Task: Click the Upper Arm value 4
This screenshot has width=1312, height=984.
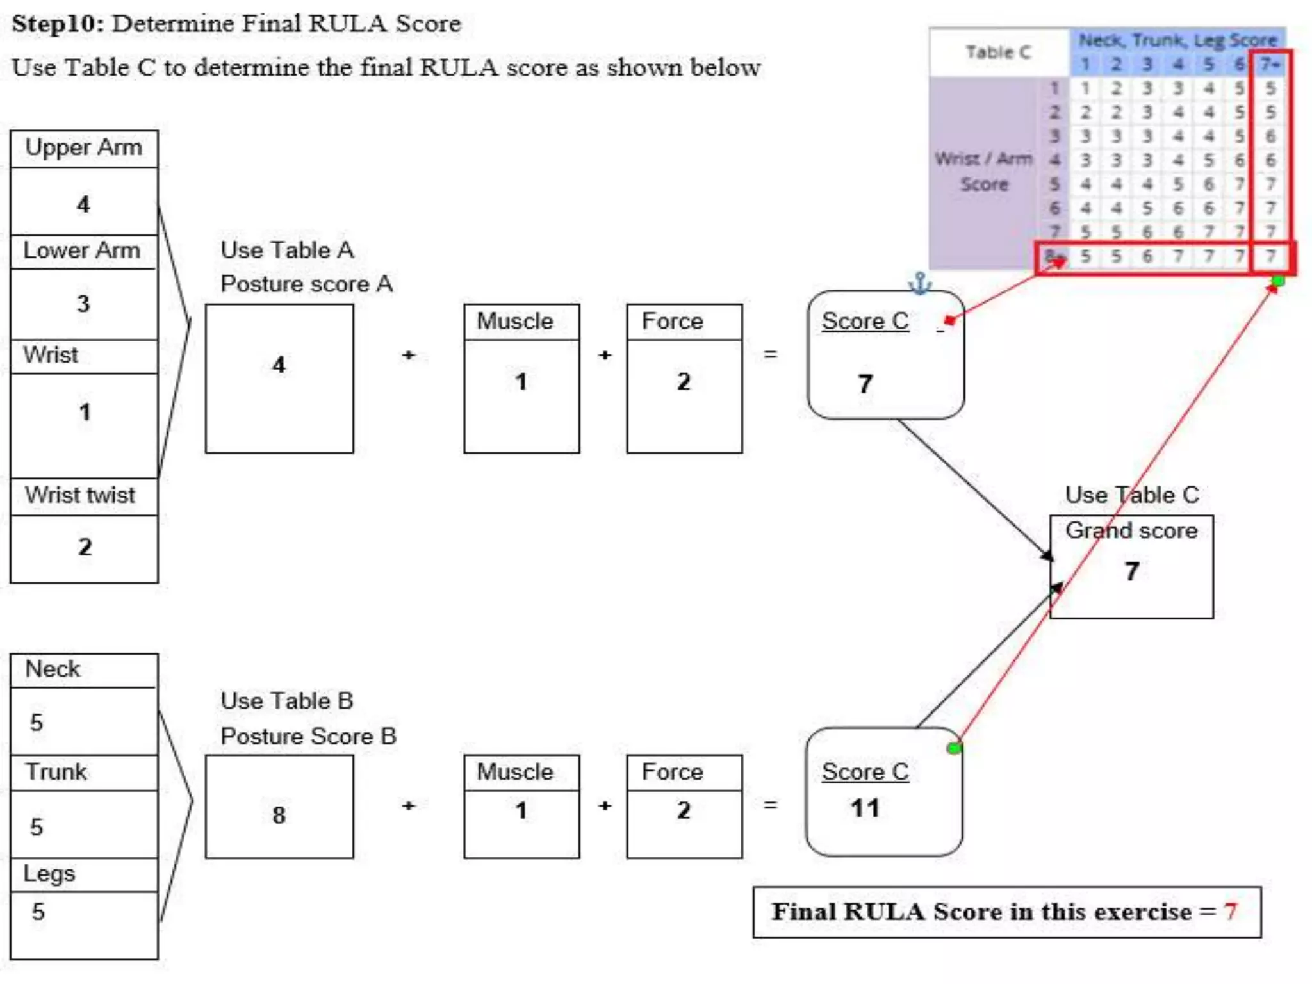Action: pos(83,204)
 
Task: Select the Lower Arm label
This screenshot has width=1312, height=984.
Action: pos(81,250)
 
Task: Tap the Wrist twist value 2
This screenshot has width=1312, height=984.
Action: pos(85,547)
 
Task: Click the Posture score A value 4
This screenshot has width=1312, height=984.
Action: pos(279,365)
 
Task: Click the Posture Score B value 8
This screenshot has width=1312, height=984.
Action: pos(279,816)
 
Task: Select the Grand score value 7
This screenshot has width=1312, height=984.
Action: pos(1132,571)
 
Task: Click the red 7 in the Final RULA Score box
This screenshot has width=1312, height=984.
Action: pos(1230,912)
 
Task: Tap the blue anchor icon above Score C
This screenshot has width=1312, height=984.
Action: pos(920,283)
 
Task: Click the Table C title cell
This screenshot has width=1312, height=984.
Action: pos(998,52)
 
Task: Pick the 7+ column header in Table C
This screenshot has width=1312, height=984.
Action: pos(1270,65)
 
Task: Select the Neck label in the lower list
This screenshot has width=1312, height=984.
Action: pos(53,669)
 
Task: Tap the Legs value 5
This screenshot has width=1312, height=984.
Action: pos(38,912)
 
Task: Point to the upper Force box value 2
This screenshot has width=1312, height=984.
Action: pos(684,382)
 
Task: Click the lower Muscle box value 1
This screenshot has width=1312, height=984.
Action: pos(521,811)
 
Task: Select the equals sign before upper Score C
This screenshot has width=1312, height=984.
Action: pos(771,354)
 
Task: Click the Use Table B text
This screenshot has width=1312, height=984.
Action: pos(286,701)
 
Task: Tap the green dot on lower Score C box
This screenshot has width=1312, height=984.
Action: pos(954,748)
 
